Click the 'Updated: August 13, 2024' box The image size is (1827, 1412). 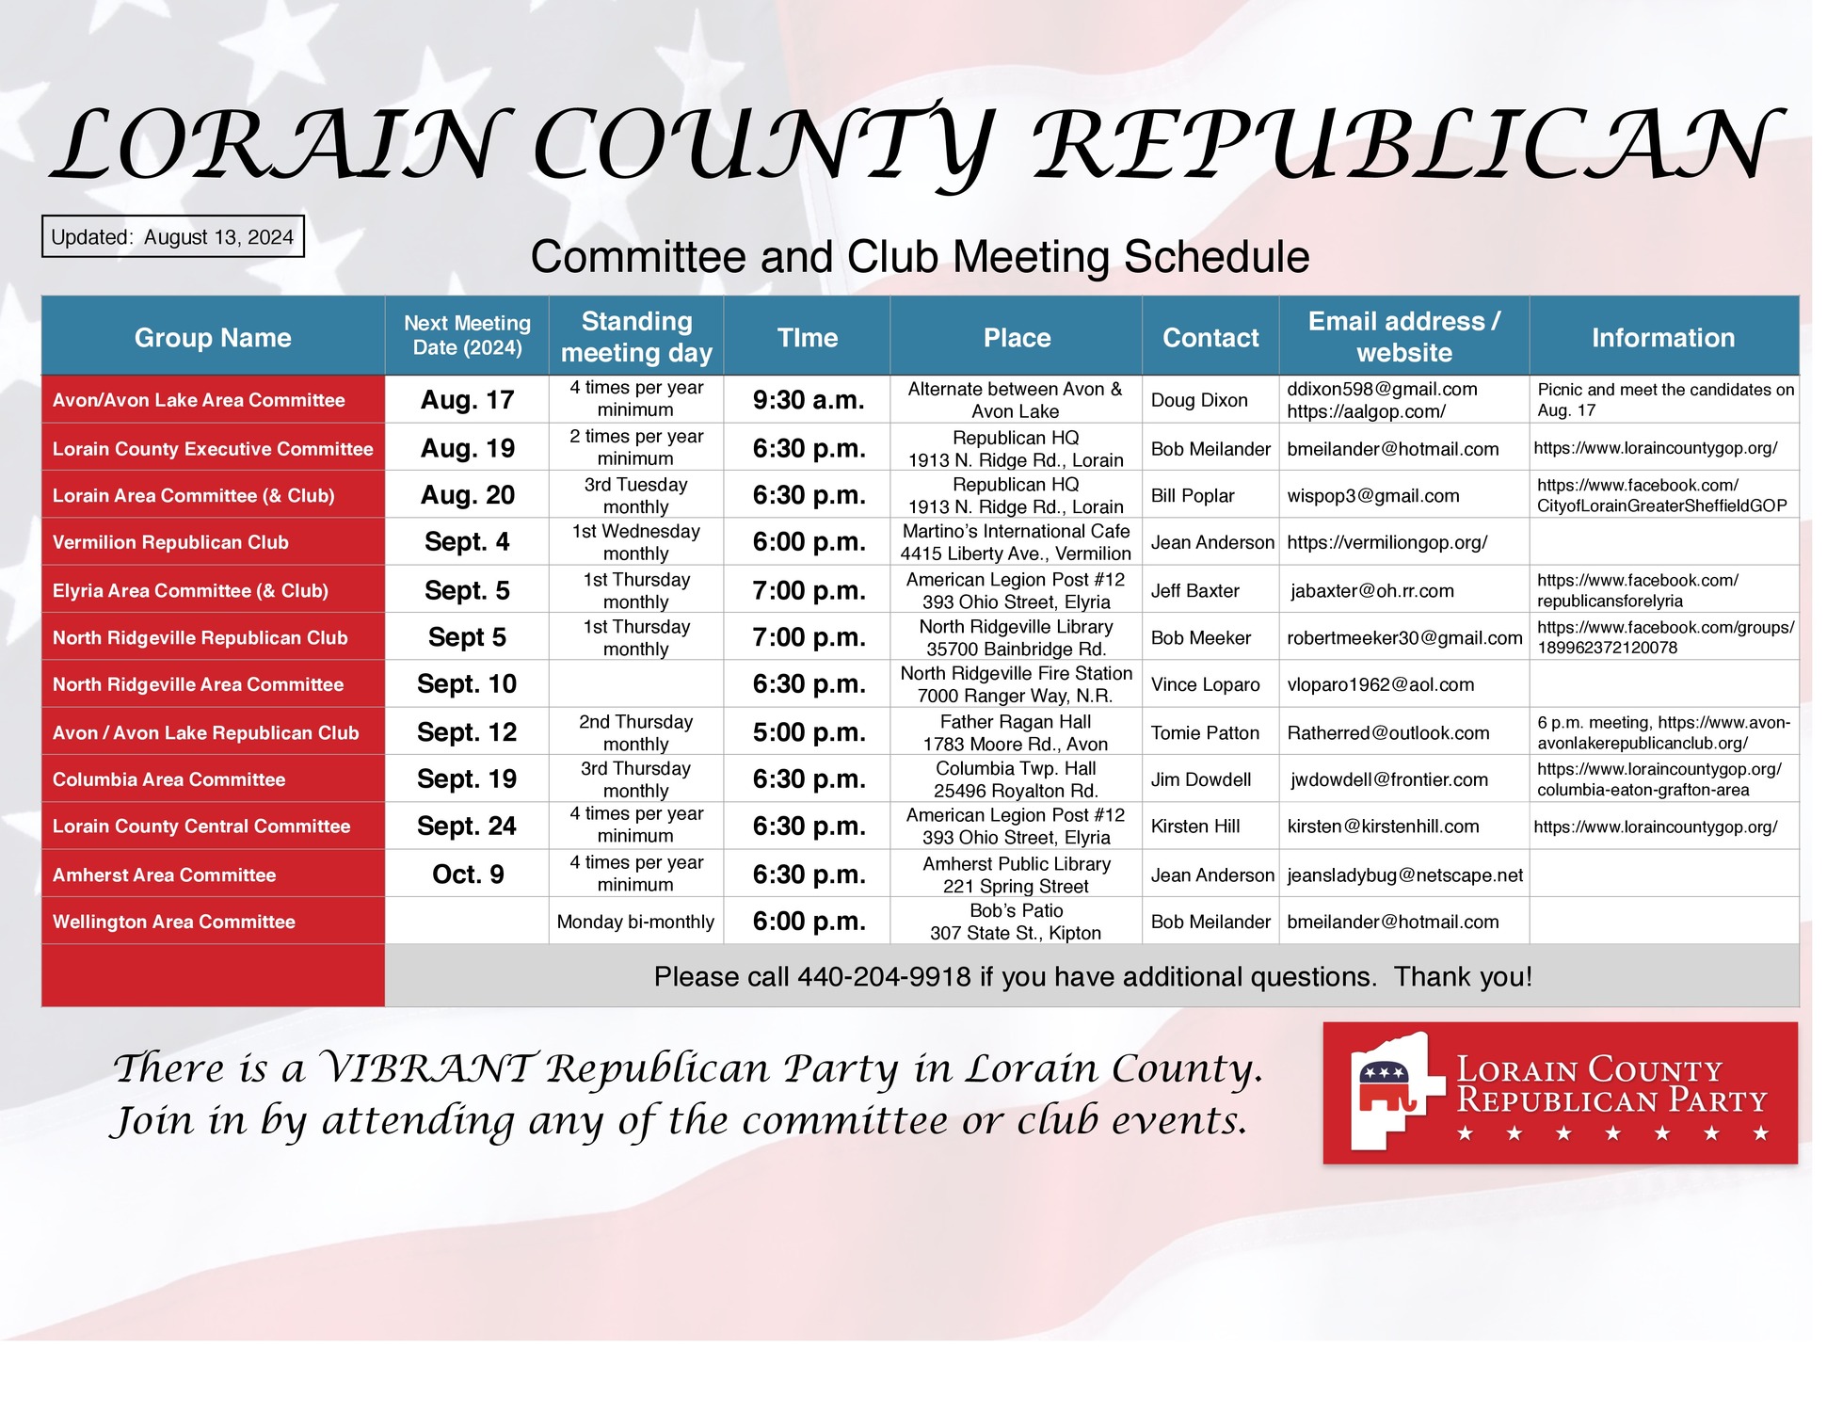(x=172, y=236)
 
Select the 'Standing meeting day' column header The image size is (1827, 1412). (x=636, y=336)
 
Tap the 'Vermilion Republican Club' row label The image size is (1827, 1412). (x=170, y=542)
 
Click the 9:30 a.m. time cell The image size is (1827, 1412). (x=808, y=400)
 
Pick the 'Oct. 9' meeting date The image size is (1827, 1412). (x=468, y=874)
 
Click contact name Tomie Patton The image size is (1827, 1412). (x=1205, y=732)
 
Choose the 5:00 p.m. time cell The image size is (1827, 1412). (x=808, y=732)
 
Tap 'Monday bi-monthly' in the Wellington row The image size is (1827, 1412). (x=635, y=922)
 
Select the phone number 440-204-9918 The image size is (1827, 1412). (x=884, y=977)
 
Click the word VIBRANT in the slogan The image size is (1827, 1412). (x=427, y=1068)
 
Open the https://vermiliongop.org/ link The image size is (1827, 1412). (x=1386, y=542)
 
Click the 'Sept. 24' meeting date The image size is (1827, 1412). (x=467, y=826)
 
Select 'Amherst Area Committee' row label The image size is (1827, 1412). (x=164, y=874)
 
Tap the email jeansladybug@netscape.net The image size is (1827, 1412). (x=1404, y=874)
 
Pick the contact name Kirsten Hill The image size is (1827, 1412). (x=1194, y=826)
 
